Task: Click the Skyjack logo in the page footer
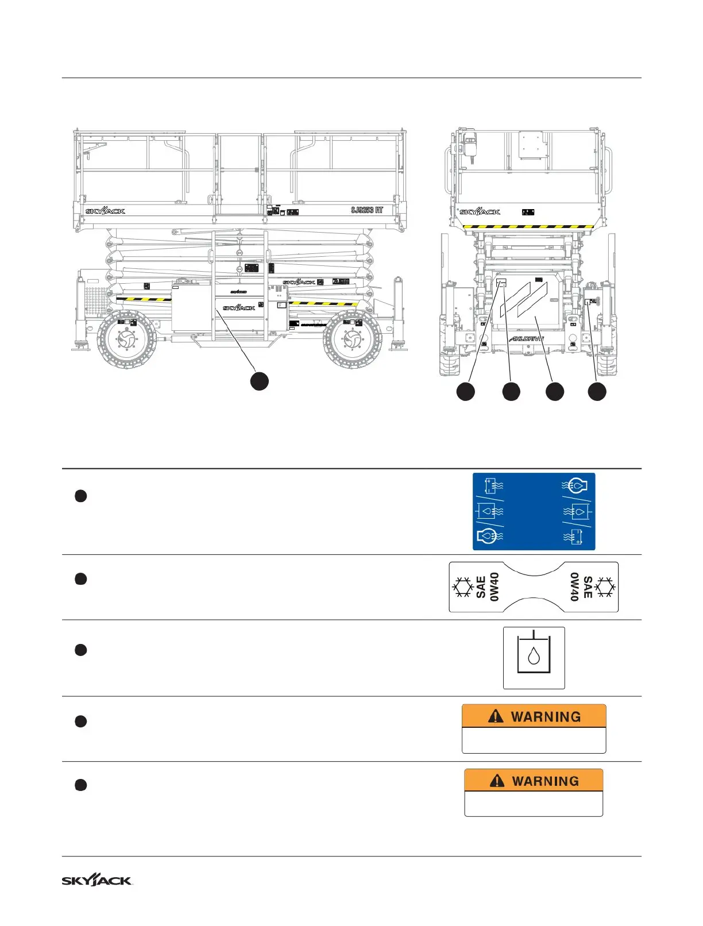point(97,880)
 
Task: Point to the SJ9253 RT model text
point(367,210)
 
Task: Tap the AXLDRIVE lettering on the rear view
point(526,339)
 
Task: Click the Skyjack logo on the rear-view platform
point(480,212)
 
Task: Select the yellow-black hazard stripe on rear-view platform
point(528,227)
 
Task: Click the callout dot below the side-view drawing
point(260,381)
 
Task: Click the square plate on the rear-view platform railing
point(531,144)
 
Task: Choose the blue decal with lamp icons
point(534,511)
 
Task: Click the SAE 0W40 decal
point(534,587)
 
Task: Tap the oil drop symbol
point(534,657)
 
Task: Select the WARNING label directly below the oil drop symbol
point(534,728)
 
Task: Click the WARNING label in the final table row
point(534,793)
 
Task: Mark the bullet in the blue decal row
point(81,496)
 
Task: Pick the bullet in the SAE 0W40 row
point(81,578)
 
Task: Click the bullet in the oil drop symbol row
point(81,650)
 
